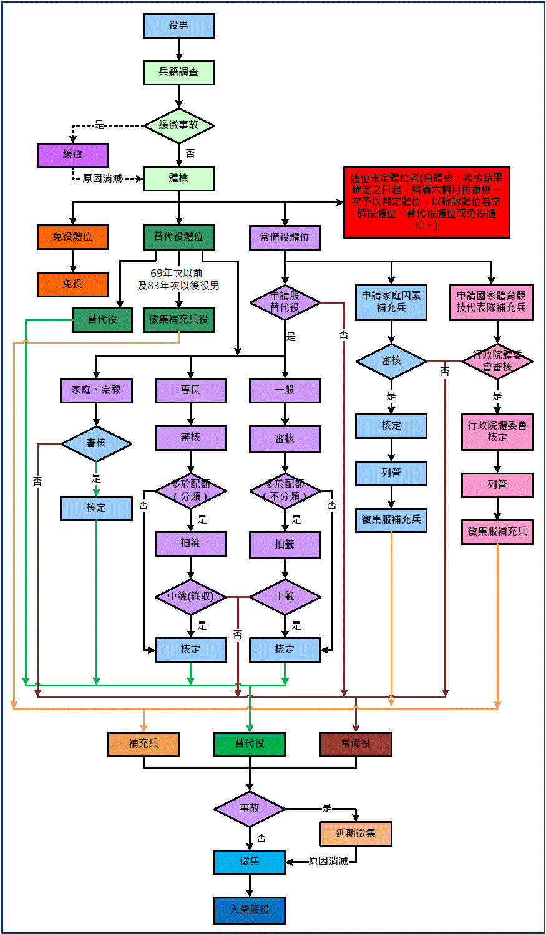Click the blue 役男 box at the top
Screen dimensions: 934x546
coord(179,26)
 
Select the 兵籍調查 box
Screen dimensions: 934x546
coord(179,72)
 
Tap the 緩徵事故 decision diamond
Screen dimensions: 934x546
coord(179,125)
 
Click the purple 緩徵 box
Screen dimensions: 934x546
coord(73,155)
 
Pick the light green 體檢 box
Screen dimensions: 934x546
coord(179,178)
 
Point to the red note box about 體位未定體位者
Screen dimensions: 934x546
coord(427,202)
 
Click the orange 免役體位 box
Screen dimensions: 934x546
coord(73,237)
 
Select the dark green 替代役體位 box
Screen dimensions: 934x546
coord(179,237)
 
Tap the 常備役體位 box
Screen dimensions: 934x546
coord(285,238)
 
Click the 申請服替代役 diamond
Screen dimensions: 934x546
coord(285,302)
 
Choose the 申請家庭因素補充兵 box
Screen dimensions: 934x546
coord(391,302)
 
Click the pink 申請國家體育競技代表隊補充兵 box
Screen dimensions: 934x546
coord(491,302)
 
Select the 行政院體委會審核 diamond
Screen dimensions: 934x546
coord(497,361)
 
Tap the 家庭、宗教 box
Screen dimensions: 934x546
coord(96,390)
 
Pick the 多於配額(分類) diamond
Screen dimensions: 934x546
coord(191,491)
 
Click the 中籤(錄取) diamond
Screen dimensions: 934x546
coord(191,597)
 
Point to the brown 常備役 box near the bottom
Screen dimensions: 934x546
coord(356,744)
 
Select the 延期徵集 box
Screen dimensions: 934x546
coord(356,834)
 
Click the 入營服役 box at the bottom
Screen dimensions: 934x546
coord(250,910)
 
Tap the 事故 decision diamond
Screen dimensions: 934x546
coord(250,809)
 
